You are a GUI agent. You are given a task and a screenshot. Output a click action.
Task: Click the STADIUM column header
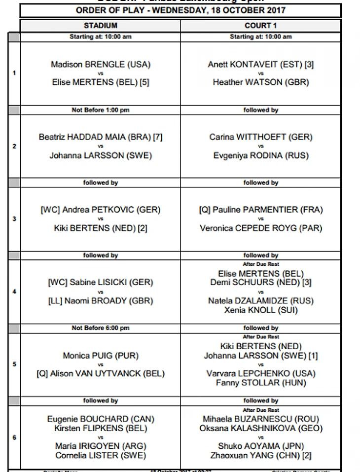100,26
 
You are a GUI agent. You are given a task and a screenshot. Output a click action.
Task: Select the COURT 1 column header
260,26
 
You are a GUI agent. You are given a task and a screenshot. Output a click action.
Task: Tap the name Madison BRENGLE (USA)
101,65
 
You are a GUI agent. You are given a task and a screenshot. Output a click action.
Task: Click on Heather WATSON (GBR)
261,83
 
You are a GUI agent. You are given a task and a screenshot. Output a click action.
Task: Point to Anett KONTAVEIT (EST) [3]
261,65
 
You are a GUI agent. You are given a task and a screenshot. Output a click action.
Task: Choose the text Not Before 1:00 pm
100,110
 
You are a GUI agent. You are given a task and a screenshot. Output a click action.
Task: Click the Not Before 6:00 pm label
100,328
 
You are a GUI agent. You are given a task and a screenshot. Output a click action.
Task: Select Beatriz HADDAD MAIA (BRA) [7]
101,137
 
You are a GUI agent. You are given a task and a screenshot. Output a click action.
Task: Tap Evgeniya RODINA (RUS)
261,155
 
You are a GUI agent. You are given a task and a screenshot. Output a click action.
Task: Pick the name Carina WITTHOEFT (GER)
261,137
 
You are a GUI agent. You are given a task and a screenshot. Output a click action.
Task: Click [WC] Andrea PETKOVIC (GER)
101,210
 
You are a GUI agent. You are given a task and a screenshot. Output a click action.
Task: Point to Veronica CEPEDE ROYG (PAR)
261,228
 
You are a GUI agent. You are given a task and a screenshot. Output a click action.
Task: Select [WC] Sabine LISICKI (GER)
101,283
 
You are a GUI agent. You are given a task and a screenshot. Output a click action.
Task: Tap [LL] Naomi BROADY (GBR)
101,301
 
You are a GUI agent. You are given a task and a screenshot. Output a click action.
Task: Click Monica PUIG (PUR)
101,356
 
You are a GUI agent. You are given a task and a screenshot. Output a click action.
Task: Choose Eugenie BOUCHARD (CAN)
101,419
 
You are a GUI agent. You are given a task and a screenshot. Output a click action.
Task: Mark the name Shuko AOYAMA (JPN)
261,446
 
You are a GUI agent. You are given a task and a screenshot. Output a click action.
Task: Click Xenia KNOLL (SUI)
261,310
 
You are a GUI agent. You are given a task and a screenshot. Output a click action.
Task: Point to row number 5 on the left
14,364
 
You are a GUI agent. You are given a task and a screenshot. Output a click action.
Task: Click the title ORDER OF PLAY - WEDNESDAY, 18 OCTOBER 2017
180,10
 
